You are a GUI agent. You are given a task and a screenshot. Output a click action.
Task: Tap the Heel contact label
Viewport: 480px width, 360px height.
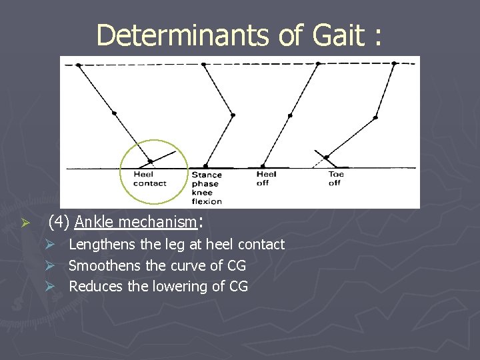tap(149, 179)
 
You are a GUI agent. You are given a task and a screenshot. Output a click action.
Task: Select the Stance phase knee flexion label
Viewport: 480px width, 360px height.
tap(206, 188)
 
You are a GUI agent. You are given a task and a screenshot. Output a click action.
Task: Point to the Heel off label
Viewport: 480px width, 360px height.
tap(267, 179)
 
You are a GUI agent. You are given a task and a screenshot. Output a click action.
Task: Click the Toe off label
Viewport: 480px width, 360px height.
tap(336, 179)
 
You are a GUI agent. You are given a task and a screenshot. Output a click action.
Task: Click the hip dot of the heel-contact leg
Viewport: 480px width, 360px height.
tap(79, 65)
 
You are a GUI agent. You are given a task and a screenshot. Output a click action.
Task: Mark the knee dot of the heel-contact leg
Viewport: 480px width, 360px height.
tap(114, 114)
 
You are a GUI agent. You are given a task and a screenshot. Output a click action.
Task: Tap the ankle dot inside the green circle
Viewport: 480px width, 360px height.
tap(151, 161)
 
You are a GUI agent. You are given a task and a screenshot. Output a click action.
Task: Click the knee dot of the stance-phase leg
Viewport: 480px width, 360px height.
tap(233, 115)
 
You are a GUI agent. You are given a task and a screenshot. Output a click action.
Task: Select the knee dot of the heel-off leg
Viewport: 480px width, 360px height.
tap(289, 115)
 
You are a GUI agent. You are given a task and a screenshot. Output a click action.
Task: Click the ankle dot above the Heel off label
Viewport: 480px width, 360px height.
tap(263, 166)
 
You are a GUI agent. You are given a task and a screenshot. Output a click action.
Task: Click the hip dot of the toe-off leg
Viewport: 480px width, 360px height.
tap(394, 64)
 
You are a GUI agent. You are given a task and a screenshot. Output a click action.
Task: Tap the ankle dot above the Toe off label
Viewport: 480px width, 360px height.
tap(326, 158)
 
